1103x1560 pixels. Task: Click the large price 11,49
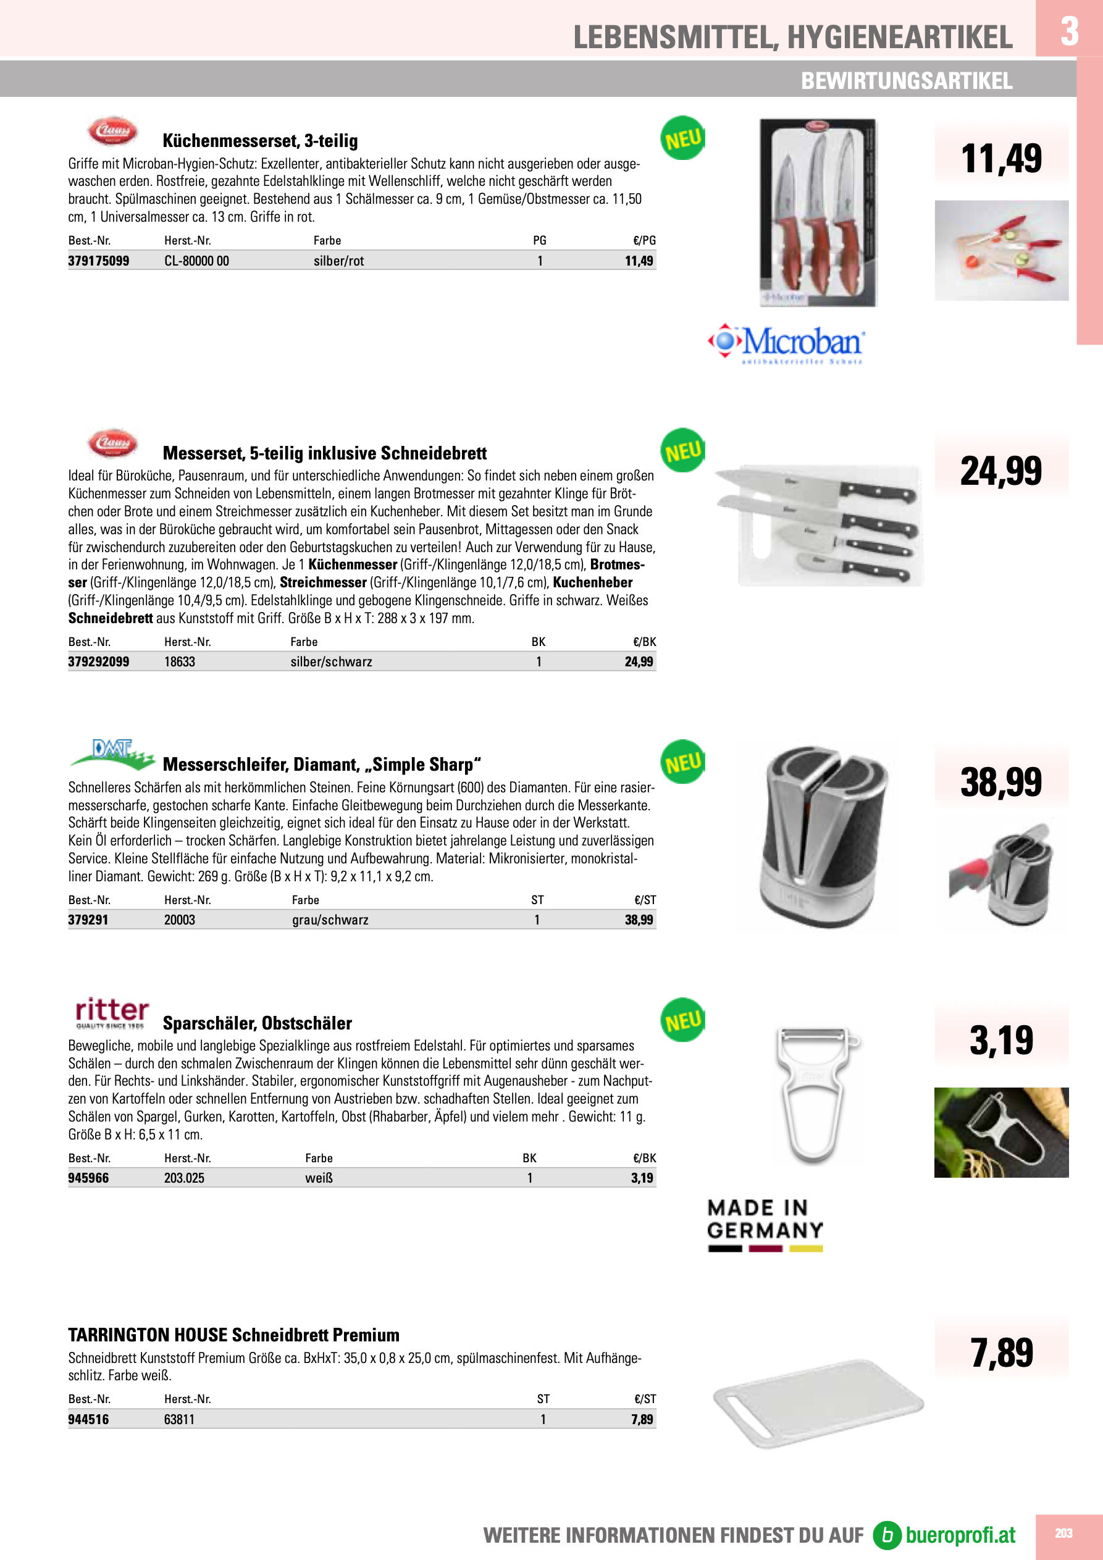tap(1000, 158)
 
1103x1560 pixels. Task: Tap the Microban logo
tap(787, 344)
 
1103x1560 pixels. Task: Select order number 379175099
tap(99, 261)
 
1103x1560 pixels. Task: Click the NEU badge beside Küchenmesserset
tap(682, 138)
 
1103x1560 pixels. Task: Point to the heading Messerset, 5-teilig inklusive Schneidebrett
tap(324, 453)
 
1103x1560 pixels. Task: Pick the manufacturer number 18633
tap(180, 662)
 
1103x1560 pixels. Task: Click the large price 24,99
tap(1000, 471)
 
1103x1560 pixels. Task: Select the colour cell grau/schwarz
tap(330, 920)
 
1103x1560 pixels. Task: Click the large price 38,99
tap(1000, 782)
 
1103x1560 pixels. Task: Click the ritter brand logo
tap(112, 1013)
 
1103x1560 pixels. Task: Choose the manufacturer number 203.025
tap(184, 1178)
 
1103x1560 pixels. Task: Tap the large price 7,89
tap(1001, 1352)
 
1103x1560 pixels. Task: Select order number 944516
tap(88, 1419)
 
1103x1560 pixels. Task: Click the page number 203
tap(1063, 1533)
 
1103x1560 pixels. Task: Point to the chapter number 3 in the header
tap(1069, 31)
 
